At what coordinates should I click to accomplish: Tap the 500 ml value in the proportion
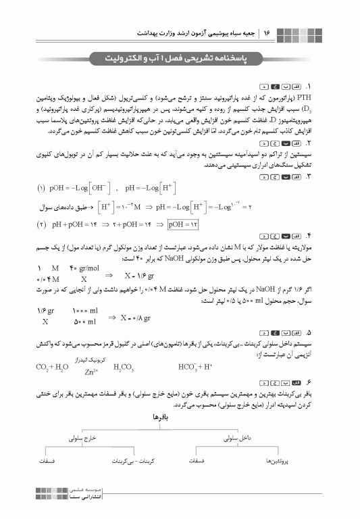pyautogui.click(x=84, y=322)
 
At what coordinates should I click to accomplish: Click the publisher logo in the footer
pyautogui.click(x=51, y=499)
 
